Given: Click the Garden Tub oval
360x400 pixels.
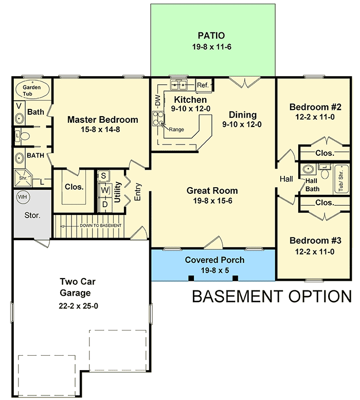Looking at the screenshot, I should pos(32,90).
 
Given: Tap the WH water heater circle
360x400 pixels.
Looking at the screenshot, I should pos(23,197).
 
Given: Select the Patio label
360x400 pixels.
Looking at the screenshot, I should pos(212,36).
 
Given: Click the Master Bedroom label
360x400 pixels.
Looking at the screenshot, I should pos(103,120).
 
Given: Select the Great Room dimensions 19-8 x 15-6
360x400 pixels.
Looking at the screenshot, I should pos(212,201).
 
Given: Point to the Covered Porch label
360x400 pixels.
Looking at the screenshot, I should pos(214,260).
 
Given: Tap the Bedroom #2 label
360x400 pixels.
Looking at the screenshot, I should pos(315,107).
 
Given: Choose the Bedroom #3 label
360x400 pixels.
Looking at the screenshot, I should pos(315,241).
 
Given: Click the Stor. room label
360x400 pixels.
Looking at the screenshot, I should pos(32,215).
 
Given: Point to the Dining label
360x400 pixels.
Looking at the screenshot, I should pos(243,115).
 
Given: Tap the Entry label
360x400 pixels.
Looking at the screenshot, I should pos(138,191).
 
